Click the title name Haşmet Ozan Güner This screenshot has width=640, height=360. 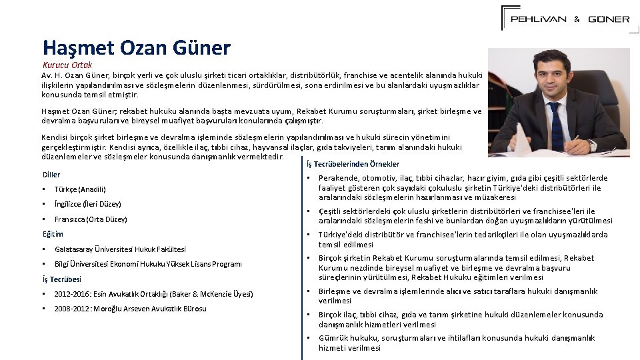tap(136, 47)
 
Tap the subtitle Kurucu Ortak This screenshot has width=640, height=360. tap(67, 65)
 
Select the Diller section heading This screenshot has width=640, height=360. tap(51, 175)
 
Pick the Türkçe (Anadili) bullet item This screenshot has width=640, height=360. tap(80, 189)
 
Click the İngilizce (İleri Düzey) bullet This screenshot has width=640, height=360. tap(87, 204)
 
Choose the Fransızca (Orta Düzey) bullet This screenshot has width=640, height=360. tap(91, 219)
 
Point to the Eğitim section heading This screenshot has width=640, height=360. tap(53, 234)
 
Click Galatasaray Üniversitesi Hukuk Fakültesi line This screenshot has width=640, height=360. tap(120, 249)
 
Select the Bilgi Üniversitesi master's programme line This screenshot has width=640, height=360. tap(148, 264)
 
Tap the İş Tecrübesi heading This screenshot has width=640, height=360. tap(61, 279)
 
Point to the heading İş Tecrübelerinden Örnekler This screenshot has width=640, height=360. tap(353, 164)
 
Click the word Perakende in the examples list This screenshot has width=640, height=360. tap(339, 179)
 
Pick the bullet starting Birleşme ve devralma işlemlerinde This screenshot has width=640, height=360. tap(457, 296)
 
